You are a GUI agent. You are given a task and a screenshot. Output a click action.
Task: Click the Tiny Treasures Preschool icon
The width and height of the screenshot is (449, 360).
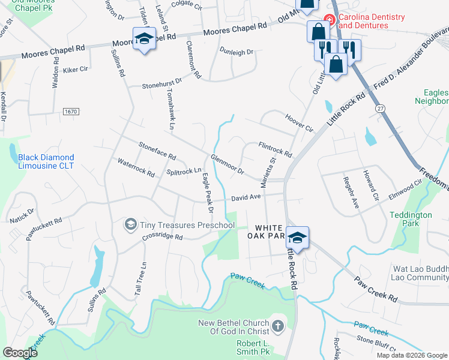[x=130, y=225]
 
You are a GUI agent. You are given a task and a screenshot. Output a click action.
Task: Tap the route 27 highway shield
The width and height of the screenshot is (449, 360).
[x=381, y=108]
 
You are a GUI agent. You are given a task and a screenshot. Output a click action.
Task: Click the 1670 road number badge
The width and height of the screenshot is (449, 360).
[x=70, y=111]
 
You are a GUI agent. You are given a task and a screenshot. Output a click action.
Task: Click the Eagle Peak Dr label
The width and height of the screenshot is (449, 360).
[x=208, y=193]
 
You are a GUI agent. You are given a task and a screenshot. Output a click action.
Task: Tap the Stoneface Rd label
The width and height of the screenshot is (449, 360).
[x=157, y=151]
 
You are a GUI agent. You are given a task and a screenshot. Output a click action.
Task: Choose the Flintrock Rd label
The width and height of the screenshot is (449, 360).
[x=274, y=149]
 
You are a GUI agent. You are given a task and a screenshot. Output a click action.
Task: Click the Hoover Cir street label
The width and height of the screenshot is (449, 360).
[x=300, y=123]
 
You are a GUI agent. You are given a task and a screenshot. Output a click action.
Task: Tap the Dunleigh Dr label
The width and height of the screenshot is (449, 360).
[x=237, y=53]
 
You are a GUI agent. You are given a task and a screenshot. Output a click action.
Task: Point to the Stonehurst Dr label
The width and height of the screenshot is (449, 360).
[x=161, y=86]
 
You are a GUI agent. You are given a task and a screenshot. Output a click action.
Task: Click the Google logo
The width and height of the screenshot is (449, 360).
[x=20, y=353]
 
